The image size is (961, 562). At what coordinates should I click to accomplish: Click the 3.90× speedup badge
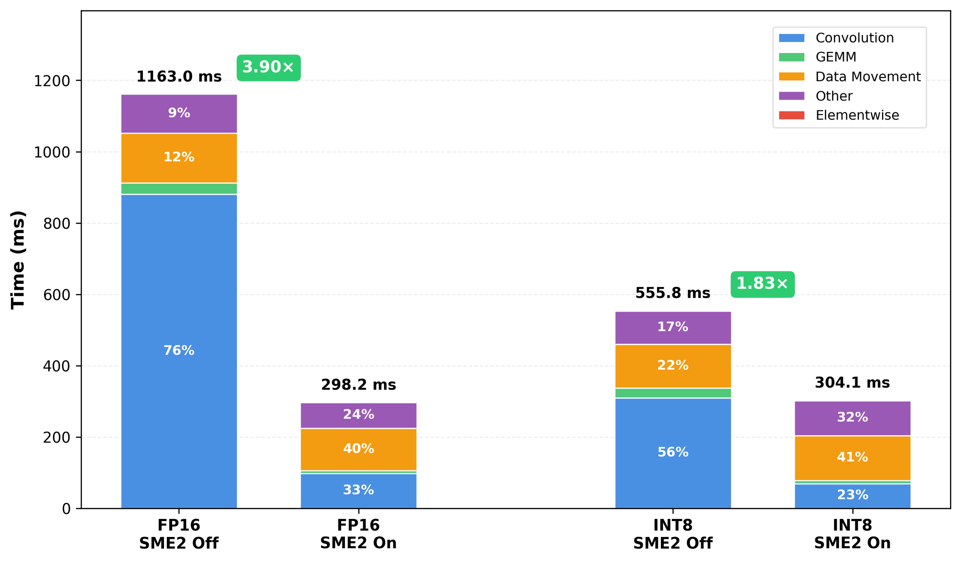[269, 68]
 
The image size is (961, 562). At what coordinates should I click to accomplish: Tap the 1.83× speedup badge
[762, 284]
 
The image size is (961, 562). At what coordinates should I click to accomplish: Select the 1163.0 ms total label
[179, 77]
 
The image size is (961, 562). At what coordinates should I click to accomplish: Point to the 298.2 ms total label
[359, 385]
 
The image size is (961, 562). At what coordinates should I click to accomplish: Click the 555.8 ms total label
[673, 293]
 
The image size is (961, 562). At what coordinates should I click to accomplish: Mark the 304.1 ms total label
[852, 383]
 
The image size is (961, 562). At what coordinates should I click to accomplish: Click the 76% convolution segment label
[179, 351]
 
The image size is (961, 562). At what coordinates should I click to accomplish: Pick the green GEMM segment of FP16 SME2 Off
[179, 189]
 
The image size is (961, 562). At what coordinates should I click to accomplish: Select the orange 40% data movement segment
[359, 449]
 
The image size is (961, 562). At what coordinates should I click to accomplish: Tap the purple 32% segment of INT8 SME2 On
[852, 417]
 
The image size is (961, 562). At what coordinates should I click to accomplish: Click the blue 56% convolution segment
[673, 452]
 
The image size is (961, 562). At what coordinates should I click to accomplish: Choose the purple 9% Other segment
[179, 113]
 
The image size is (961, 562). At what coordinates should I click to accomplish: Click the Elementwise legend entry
[857, 115]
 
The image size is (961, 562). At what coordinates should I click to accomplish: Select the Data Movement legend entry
[868, 77]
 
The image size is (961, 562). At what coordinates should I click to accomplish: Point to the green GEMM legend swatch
[792, 57]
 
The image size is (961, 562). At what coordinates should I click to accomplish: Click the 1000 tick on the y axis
[52, 152]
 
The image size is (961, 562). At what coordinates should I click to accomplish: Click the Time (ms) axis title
[18, 260]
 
